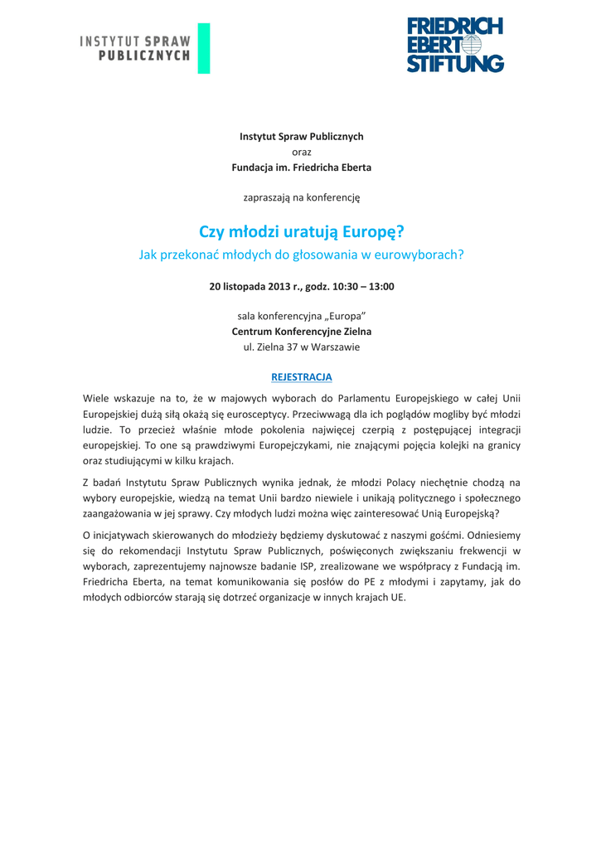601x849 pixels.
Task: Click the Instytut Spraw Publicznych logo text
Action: (135, 47)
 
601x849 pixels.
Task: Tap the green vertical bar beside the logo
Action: (204, 47)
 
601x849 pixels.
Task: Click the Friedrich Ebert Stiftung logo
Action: (455, 46)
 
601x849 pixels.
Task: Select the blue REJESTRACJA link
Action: (302, 377)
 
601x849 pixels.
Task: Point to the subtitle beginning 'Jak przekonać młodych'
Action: (301, 255)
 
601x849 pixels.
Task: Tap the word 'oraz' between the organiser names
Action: (302, 152)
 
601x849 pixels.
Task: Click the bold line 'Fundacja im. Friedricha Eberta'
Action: (301, 167)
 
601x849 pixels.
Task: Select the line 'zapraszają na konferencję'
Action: (302, 197)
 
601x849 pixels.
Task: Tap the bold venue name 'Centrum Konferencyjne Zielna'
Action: (301, 332)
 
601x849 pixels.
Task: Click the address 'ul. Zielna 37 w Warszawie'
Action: (301, 347)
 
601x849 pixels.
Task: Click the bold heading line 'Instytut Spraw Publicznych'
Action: (301, 136)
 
